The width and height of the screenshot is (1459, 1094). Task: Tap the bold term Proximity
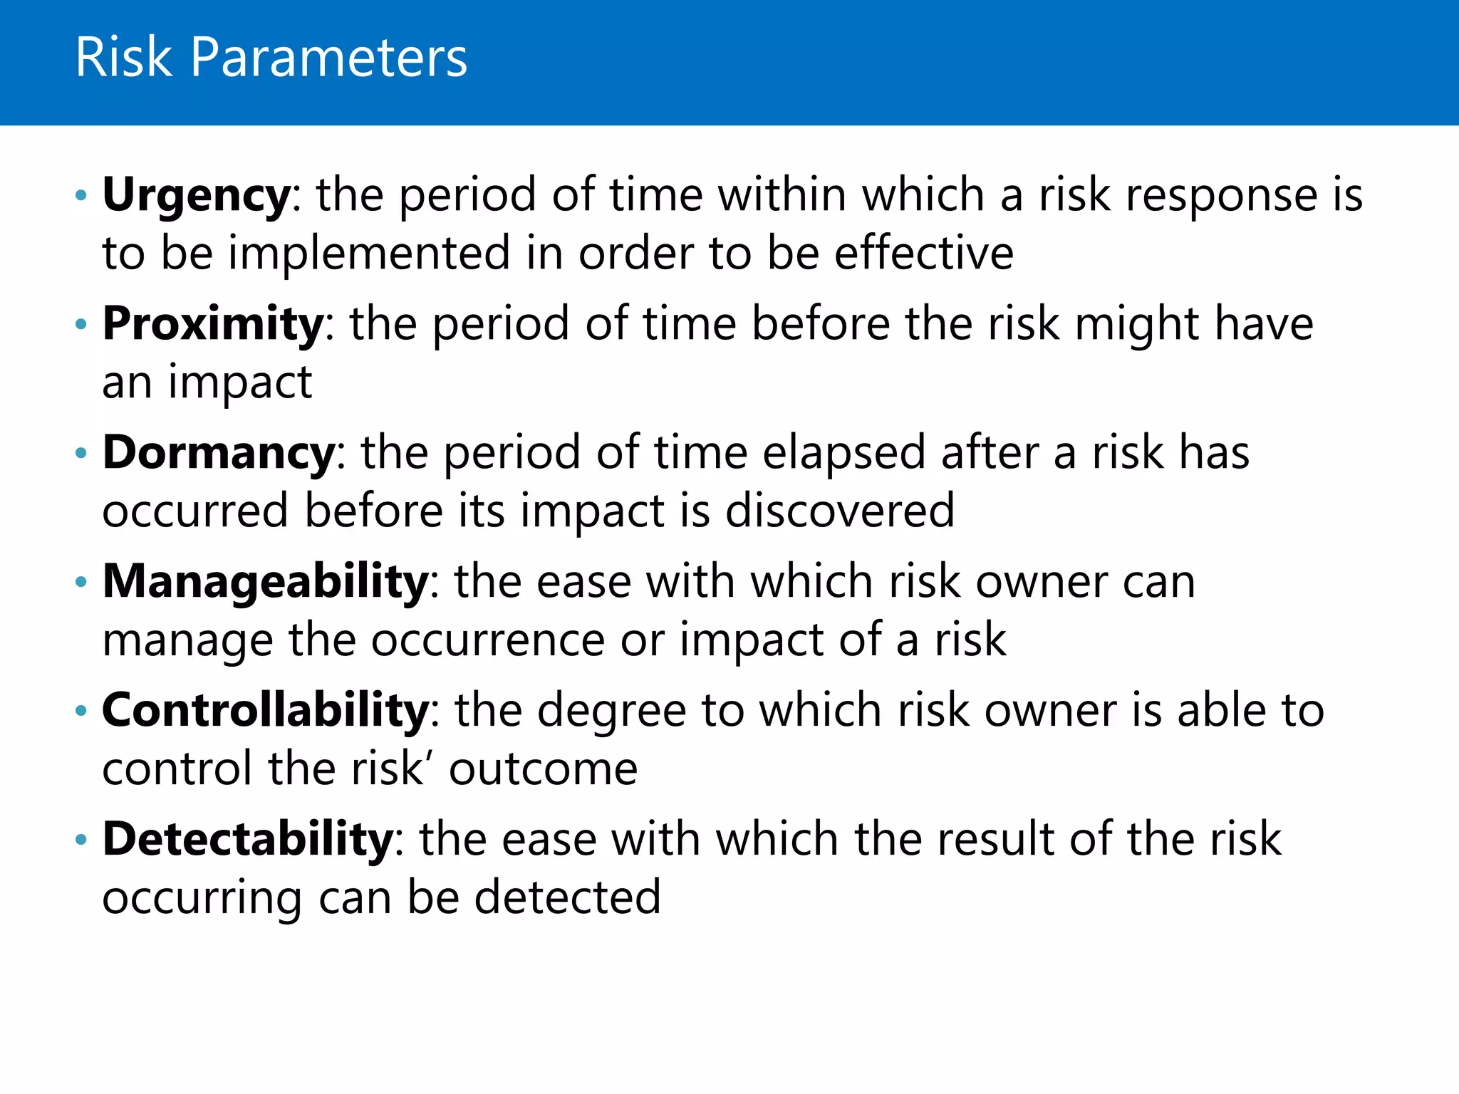(x=213, y=324)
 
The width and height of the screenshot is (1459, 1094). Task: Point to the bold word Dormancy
(x=219, y=453)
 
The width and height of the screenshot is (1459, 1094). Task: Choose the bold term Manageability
(x=265, y=582)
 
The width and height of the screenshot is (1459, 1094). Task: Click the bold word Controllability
(x=265, y=711)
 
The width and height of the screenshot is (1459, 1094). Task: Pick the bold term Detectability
(x=247, y=839)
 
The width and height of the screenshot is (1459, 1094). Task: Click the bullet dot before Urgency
(x=81, y=195)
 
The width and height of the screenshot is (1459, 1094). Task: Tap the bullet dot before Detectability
(x=81, y=840)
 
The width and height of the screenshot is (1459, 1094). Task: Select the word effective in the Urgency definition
(x=924, y=254)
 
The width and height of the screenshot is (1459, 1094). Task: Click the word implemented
(x=369, y=254)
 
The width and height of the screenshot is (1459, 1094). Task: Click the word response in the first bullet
(x=1222, y=196)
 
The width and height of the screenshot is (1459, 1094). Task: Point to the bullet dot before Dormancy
(x=81, y=453)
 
